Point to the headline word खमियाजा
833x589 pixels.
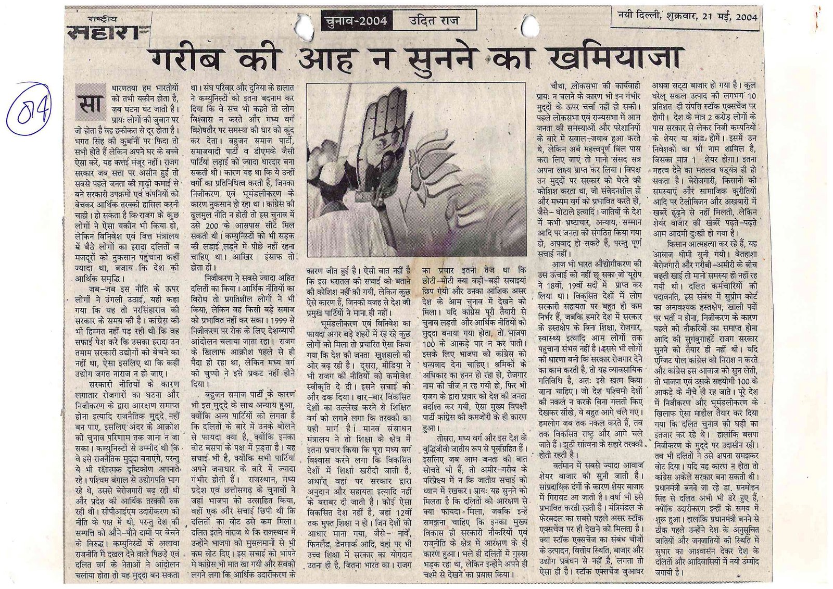[617, 58]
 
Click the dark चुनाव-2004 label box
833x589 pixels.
[355, 21]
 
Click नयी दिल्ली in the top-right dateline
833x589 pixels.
[640, 16]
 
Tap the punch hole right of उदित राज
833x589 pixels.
[529, 25]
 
